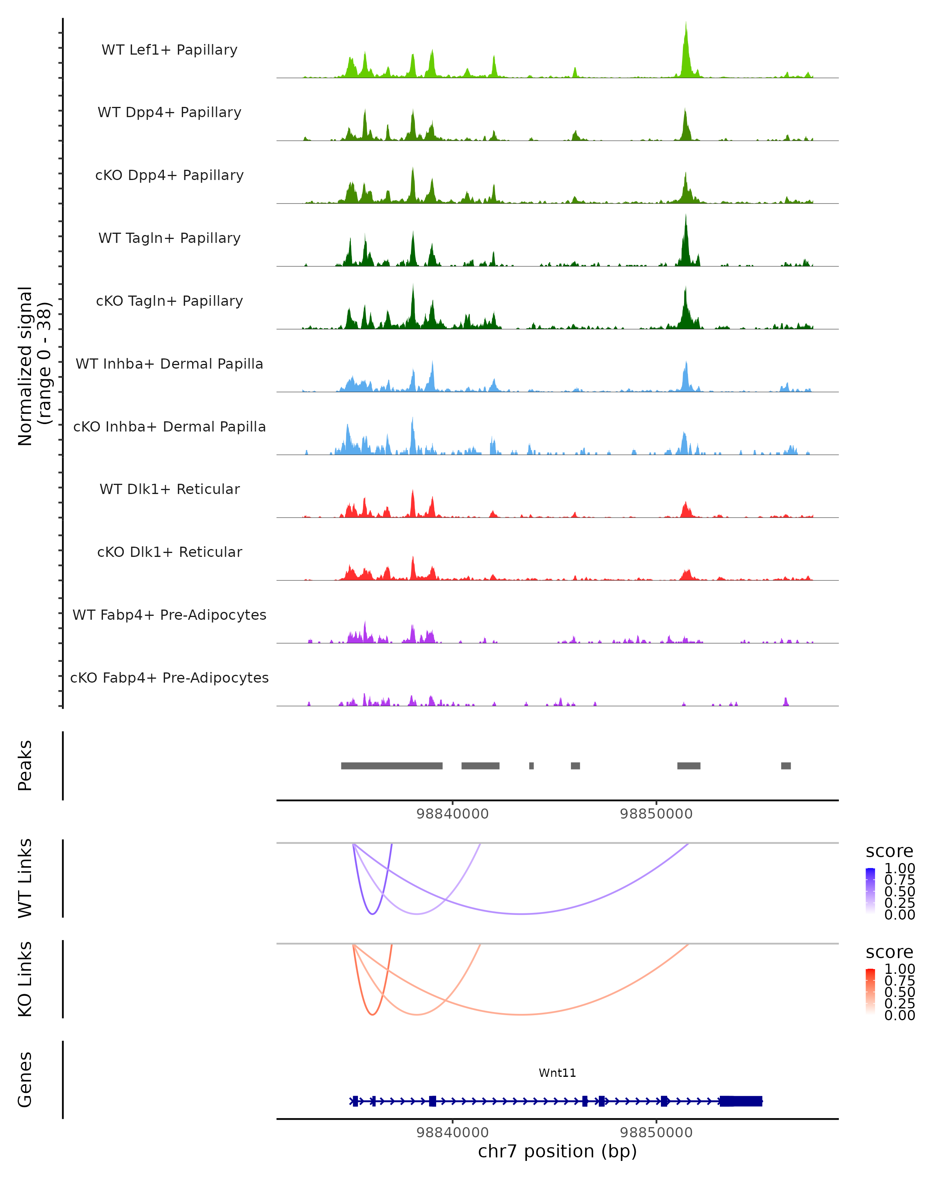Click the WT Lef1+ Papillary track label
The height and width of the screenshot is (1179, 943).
(x=169, y=50)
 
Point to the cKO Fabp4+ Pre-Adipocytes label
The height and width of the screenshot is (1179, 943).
(x=169, y=678)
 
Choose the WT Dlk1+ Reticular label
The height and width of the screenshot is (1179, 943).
(x=169, y=489)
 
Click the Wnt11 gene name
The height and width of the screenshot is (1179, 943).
(x=557, y=1073)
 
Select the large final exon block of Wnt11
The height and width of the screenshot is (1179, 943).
(x=741, y=1101)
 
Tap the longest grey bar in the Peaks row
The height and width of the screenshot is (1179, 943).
(x=391, y=766)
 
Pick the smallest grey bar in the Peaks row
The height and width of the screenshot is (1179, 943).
(x=531, y=766)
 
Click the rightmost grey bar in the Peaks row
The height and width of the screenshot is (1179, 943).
(x=785, y=766)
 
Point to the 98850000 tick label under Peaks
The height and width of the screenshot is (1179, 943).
(x=656, y=814)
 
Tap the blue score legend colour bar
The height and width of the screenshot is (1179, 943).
(x=870, y=891)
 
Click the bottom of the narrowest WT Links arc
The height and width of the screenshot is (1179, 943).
(x=372, y=914)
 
